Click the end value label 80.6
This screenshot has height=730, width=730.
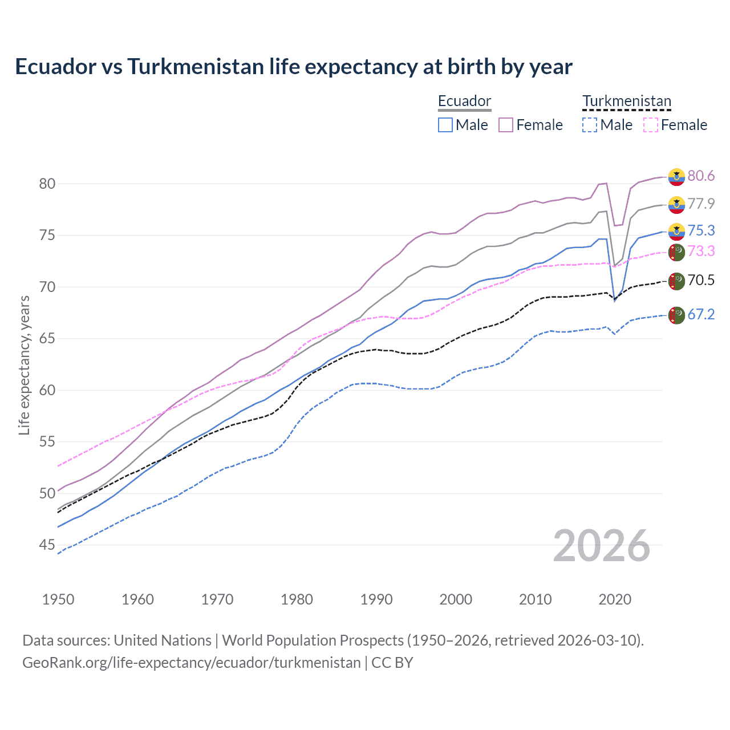tap(701, 176)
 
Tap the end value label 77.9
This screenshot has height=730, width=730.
tap(701, 204)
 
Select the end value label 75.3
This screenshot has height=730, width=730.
tap(701, 230)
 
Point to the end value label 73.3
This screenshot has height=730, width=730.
tap(701, 252)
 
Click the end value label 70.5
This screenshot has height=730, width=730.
tap(701, 280)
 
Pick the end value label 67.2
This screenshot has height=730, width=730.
tap(701, 314)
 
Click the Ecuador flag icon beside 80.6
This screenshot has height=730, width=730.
tap(676, 177)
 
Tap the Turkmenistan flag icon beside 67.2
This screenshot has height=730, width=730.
tap(676, 315)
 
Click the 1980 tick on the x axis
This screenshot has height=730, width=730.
tap(297, 599)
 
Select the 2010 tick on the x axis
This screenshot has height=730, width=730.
tap(535, 599)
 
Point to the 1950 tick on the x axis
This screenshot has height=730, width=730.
tap(58, 599)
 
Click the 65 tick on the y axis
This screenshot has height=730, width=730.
tap(47, 339)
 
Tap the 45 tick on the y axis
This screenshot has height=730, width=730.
tap(47, 545)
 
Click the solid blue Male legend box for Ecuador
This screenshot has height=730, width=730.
tap(445, 125)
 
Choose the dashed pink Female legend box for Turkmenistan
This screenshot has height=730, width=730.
tap(650, 125)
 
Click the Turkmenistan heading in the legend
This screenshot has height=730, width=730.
tap(627, 102)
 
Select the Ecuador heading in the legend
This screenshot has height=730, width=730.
tap(464, 102)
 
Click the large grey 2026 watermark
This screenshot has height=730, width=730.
tap(601, 546)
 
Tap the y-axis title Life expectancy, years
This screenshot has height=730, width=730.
tap(24, 365)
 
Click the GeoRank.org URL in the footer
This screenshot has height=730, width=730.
tap(192, 663)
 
